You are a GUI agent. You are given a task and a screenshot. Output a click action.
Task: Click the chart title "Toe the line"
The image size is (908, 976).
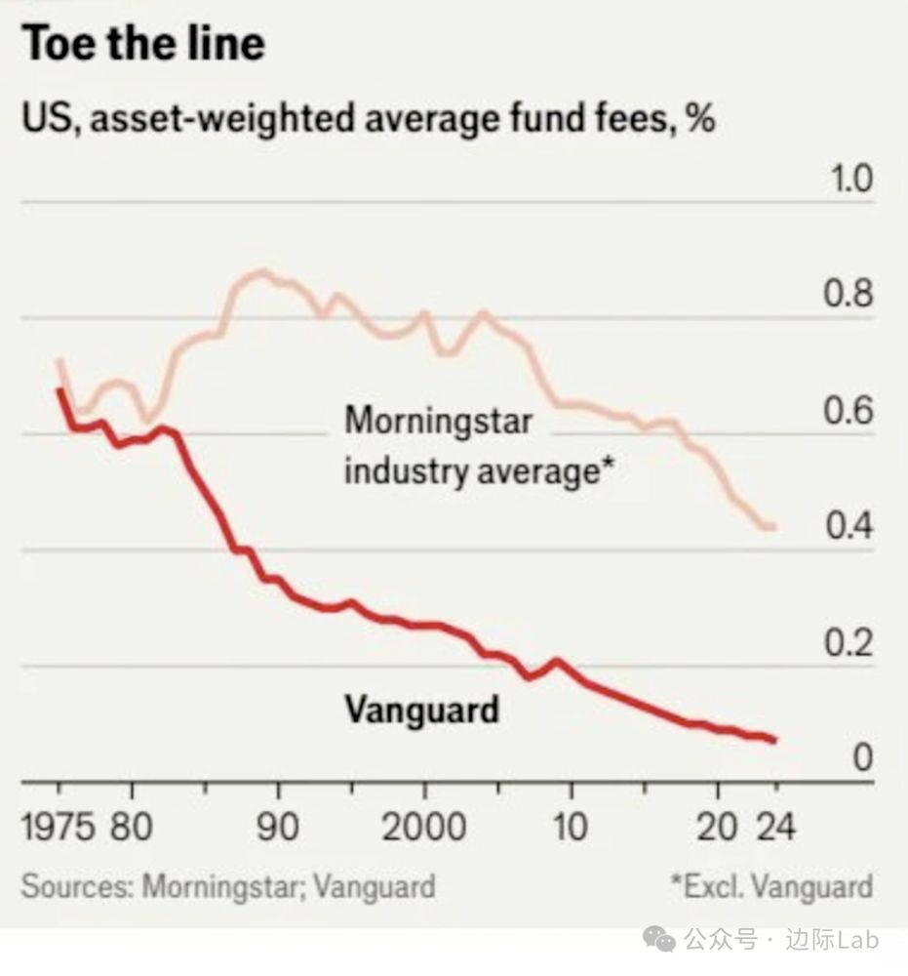click(143, 44)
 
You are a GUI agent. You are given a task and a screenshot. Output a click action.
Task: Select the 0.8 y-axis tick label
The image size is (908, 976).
click(849, 296)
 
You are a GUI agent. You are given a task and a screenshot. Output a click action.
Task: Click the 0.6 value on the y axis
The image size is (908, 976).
click(849, 412)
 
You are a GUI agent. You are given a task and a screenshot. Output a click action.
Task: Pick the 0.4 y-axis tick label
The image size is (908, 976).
click(849, 527)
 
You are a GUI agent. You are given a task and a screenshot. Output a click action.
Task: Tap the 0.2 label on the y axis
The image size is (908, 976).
click(849, 643)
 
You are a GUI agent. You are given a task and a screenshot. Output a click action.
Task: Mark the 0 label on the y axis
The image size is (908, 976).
click(862, 758)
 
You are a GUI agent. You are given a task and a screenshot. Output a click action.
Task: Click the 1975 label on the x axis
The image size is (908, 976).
click(59, 828)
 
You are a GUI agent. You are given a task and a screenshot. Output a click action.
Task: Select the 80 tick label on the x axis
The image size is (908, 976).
click(131, 828)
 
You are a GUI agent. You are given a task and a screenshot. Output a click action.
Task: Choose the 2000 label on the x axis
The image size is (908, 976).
click(423, 828)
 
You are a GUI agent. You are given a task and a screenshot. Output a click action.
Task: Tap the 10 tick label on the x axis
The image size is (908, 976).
click(570, 828)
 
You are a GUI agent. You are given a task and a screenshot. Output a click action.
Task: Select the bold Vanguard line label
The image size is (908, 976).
click(421, 709)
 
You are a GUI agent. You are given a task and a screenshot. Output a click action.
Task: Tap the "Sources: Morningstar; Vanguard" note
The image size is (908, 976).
click(228, 887)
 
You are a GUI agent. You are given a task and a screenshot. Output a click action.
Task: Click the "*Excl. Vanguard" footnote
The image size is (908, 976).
click(770, 887)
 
